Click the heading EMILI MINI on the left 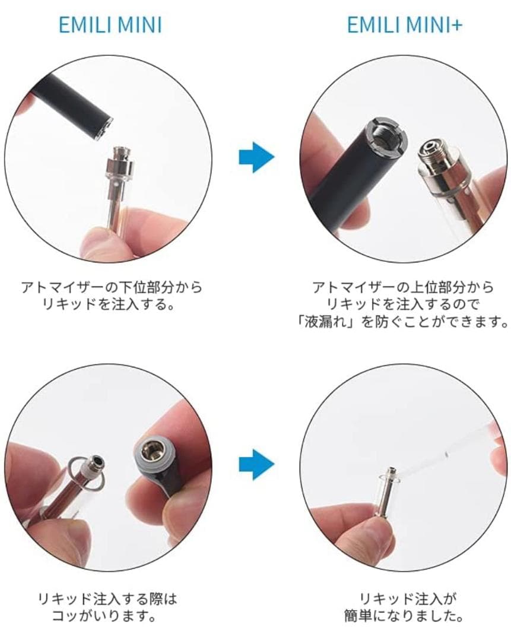pyautogui.click(x=110, y=26)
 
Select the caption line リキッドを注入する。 pyautogui.click(x=110, y=305)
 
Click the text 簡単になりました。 pyautogui.click(x=404, y=615)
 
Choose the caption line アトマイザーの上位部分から pyautogui.click(x=403, y=288)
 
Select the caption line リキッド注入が pyautogui.click(x=403, y=598)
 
